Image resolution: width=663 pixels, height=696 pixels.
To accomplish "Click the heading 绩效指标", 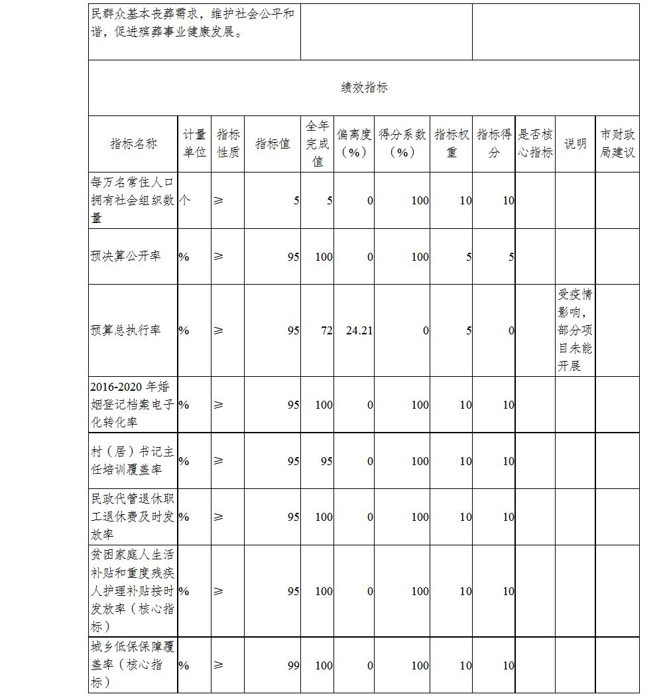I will coord(364,88).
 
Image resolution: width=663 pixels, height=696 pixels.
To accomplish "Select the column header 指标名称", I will coord(133,144).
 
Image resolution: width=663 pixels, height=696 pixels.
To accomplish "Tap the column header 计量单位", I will coord(194,144).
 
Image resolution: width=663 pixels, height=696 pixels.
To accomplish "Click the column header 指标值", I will coord(272,144).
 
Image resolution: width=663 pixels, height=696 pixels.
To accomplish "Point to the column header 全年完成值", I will coord(318,144).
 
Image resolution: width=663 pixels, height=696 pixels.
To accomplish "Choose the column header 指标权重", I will coord(452,144).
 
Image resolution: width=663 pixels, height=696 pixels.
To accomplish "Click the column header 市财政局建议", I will coord(617,144).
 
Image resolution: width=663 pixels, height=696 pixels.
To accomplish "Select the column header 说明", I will coord(575,144).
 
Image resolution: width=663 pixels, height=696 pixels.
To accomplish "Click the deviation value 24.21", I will coord(359,330).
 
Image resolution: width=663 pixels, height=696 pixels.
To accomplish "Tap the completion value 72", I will coord(326,330).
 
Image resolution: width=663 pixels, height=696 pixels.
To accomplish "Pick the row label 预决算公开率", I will coord(126,256).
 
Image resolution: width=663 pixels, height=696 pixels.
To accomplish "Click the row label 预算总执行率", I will coord(126,330).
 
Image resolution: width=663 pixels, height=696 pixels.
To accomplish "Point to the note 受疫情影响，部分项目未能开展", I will coord(575,330).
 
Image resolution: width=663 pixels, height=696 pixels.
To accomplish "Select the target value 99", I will coord(293,665).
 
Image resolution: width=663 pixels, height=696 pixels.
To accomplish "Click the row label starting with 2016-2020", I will coord(133,405).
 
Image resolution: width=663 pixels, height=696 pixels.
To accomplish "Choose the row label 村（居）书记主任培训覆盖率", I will coord(133,460).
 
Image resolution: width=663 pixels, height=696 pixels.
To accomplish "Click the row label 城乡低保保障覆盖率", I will coord(133,665).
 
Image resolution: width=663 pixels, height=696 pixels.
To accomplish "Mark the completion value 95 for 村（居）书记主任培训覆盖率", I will coord(326,461).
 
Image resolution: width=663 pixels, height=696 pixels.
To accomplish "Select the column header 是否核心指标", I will coord(535,144).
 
